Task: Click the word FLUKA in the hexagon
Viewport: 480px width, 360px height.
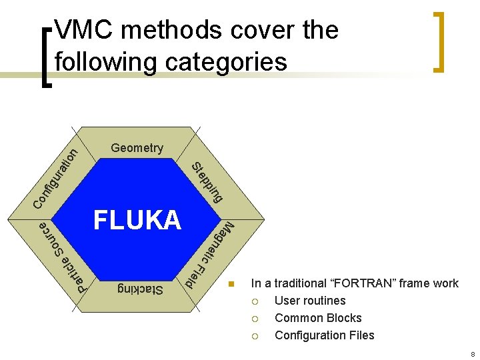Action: click(137, 220)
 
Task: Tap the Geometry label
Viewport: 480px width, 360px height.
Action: click(137, 148)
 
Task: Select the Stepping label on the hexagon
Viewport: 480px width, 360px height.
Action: click(207, 181)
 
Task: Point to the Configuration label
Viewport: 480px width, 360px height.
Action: click(57, 177)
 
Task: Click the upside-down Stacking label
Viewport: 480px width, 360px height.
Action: click(140, 289)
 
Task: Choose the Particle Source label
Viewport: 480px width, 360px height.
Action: click(63, 257)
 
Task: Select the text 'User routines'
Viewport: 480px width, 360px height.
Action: click(310, 301)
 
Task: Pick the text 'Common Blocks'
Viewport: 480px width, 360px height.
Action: click(318, 318)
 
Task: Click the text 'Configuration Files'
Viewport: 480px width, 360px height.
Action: click(324, 335)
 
